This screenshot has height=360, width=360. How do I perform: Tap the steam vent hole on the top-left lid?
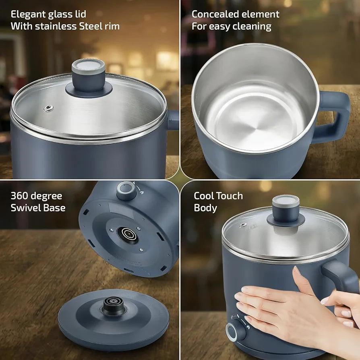pyautogui.click(x=49, y=108)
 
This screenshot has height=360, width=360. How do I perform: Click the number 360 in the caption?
pyautogui.click(x=19, y=196)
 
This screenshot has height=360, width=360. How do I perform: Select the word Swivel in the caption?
pyautogui.click(x=25, y=208)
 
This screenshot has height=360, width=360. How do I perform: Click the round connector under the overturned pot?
pyautogui.click(x=128, y=234)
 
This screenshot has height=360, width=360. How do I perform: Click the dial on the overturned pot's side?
pyautogui.click(x=126, y=190)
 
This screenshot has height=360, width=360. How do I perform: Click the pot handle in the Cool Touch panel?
pyautogui.click(x=340, y=275)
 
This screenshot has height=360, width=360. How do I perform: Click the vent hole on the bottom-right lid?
pyautogui.click(x=243, y=225)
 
